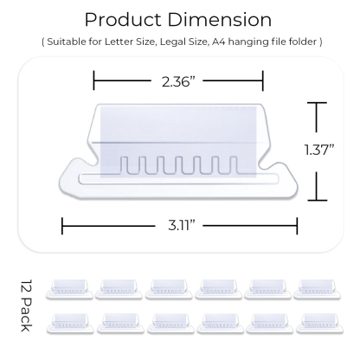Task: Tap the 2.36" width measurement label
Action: pyautogui.click(x=178, y=84)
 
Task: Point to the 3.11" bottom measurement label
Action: pyautogui.click(x=179, y=226)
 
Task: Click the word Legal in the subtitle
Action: pyautogui.click(x=177, y=41)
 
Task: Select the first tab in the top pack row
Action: pyautogui.click(x=70, y=288)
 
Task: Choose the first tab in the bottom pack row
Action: pyautogui.click(x=70, y=322)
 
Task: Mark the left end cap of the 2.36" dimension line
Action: pyautogui.click(x=94, y=84)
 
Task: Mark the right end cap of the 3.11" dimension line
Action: pyautogui.click(x=297, y=226)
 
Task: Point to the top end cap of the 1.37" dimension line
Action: pyautogui.click(x=318, y=102)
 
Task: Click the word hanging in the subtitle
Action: pyautogui.click(x=258, y=41)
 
